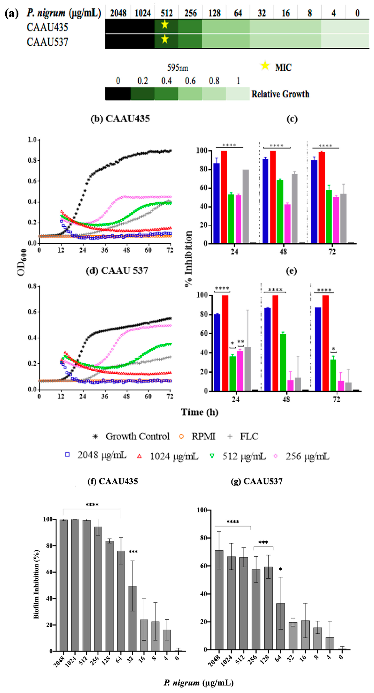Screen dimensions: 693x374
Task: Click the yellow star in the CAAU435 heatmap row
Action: (165, 25)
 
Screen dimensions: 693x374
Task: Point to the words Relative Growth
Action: (280, 94)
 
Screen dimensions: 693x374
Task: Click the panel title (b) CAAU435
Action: (120, 119)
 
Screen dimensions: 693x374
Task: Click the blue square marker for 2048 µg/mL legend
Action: (67, 454)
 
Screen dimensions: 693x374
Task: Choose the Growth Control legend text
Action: (137, 436)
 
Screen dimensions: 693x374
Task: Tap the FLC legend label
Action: (249, 436)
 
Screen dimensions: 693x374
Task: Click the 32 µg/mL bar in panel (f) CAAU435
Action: (132, 619)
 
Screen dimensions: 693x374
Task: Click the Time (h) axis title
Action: (199, 412)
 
